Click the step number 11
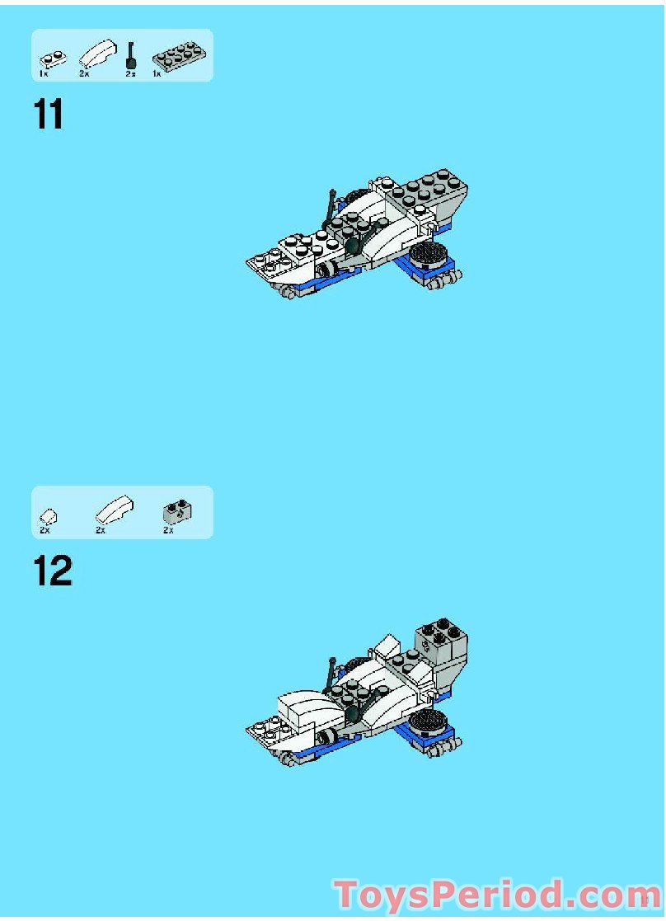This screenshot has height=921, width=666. tap(49, 115)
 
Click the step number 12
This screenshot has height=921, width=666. tap(53, 571)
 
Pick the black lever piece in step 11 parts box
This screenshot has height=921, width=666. tap(130, 56)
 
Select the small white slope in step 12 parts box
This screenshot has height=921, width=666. tap(48, 515)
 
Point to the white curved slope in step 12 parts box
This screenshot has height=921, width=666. tap(110, 510)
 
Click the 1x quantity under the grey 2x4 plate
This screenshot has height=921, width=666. tap(156, 74)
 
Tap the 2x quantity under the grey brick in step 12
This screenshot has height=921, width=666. tap(168, 530)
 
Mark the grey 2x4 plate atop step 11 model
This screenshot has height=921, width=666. tap(429, 190)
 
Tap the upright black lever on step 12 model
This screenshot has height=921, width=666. tap(331, 674)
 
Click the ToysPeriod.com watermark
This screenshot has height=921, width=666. tap(497, 895)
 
